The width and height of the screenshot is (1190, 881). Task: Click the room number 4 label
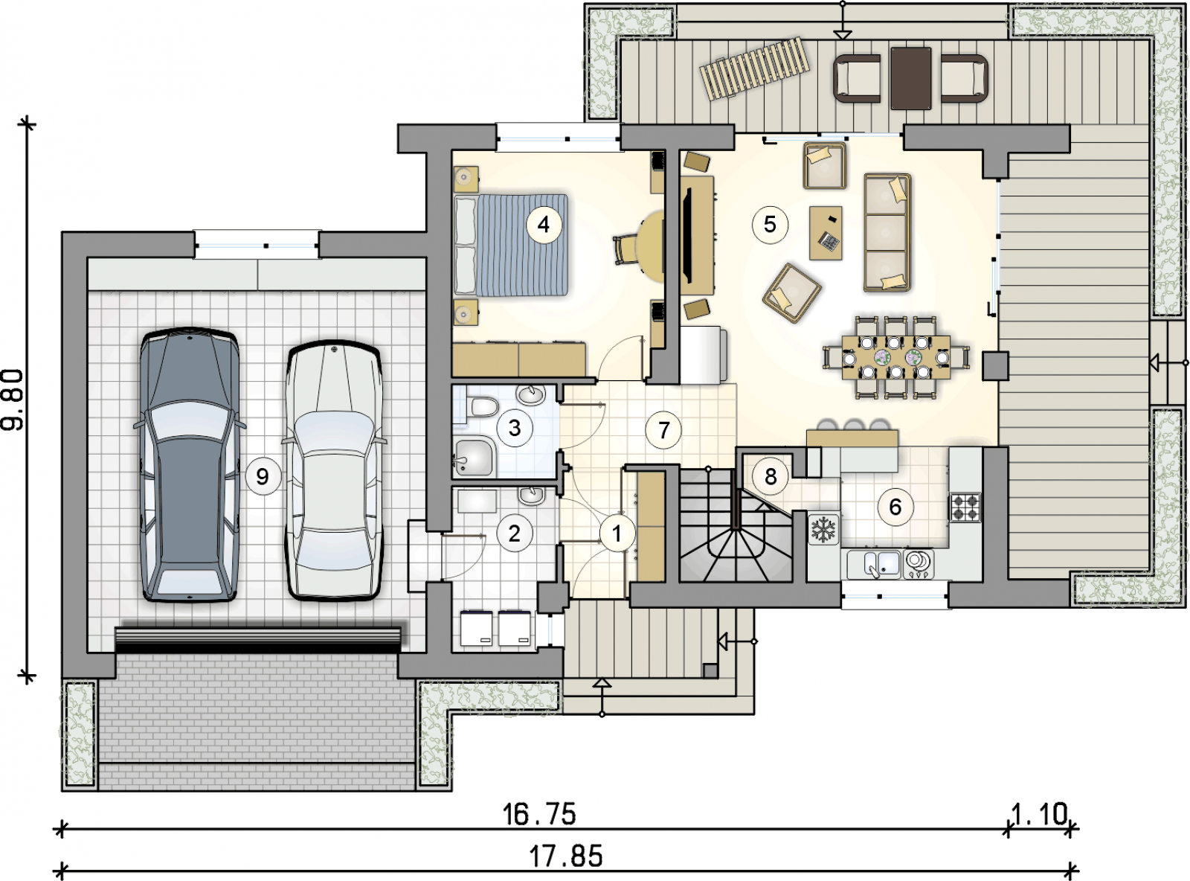544,225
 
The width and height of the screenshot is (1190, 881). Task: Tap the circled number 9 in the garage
263,475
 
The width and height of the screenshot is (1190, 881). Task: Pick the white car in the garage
334,470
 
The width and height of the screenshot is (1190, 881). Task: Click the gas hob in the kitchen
965,507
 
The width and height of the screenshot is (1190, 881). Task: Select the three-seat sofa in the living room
887,232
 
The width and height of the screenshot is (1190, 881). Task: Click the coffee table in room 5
826,233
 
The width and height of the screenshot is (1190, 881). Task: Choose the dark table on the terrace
910,78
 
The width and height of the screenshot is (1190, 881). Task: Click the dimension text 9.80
13,400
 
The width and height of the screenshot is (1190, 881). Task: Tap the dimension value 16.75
539,815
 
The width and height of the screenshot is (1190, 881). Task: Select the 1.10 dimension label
1039,815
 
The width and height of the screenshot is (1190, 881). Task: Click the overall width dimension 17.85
566,856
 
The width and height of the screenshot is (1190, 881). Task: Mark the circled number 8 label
771,475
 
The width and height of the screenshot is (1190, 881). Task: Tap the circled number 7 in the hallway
663,430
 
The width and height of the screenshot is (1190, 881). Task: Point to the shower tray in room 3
473,458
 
